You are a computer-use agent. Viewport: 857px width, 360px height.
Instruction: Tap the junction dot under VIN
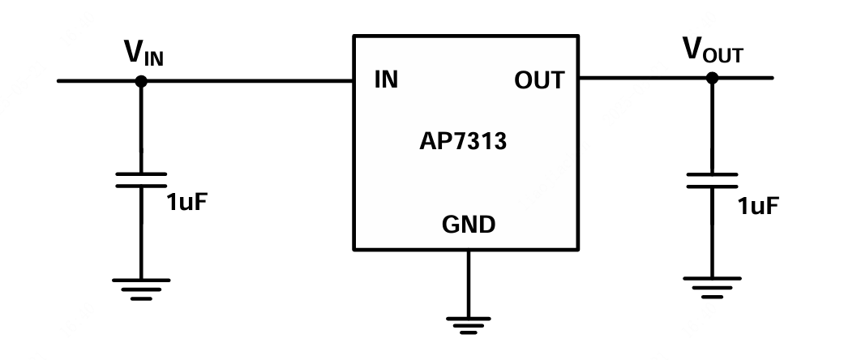141,81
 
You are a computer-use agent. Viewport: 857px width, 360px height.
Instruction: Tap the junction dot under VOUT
712,78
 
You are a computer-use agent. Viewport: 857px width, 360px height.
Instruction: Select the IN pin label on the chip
386,80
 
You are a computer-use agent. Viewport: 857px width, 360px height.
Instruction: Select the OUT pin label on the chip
538,80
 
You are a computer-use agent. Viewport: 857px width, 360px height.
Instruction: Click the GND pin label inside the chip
468,225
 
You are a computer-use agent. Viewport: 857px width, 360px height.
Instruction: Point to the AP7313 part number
463,143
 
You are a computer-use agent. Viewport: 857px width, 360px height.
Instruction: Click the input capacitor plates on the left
141,179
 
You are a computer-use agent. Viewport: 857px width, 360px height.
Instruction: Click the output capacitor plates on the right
712,180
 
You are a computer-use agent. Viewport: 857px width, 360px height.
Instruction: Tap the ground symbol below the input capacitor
141,289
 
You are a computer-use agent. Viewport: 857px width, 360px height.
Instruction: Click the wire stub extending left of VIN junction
97,81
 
